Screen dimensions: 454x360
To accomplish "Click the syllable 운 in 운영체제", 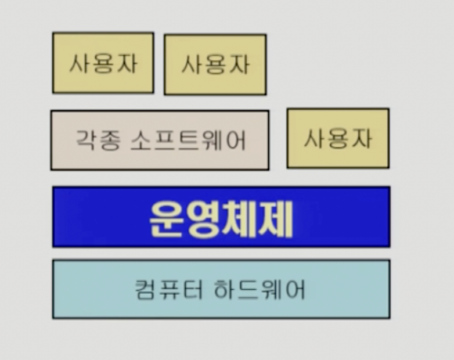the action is [x=167, y=218].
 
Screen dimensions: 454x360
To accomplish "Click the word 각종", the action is [x=96, y=140].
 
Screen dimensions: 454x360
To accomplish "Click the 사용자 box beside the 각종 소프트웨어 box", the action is [x=338, y=138].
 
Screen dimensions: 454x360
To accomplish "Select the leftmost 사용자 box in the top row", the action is [x=103, y=63].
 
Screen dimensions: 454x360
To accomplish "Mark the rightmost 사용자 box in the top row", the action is [x=215, y=64].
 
